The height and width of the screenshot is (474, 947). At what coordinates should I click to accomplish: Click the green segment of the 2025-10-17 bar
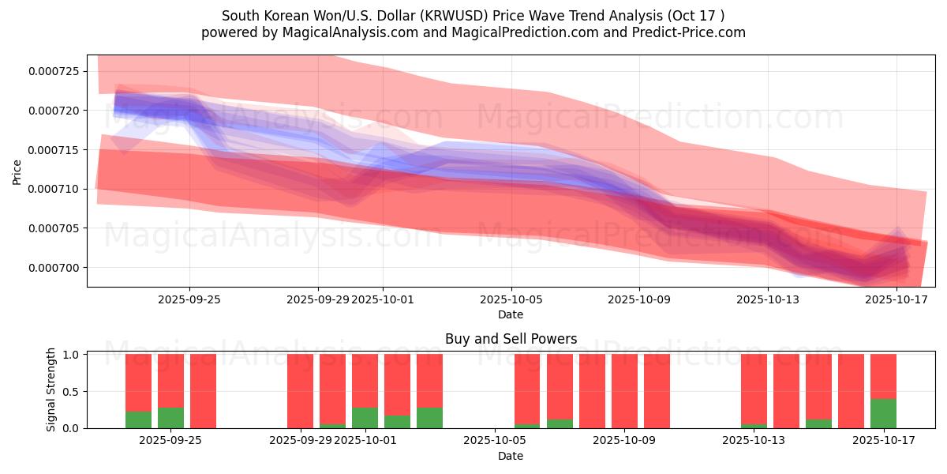[x=883, y=413]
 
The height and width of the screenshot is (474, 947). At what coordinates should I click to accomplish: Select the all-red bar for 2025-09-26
[x=203, y=391]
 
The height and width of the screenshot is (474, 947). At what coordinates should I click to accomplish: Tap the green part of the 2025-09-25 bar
[x=170, y=418]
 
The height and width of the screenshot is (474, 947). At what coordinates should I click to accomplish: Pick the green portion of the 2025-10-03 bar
[x=429, y=418]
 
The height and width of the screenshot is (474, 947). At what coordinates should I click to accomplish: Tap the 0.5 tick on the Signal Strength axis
[x=71, y=391]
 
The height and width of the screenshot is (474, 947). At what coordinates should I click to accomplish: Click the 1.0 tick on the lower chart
[x=71, y=355]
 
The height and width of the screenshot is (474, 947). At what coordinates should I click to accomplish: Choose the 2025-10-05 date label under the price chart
[x=511, y=299]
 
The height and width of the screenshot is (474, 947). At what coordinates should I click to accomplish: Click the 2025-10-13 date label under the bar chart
[x=754, y=440]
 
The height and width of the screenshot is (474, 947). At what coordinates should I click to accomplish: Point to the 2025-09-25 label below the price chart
[x=189, y=299]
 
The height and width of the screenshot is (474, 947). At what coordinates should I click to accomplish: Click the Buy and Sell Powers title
[x=511, y=339]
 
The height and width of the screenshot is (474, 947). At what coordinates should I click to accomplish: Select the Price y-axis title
[x=17, y=171]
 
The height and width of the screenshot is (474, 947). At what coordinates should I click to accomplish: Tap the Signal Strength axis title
[x=51, y=389]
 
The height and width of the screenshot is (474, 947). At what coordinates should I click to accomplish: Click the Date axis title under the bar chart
[x=511, y=456]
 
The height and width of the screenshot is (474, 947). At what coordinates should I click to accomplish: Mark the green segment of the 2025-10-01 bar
[x=365, y=418]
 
